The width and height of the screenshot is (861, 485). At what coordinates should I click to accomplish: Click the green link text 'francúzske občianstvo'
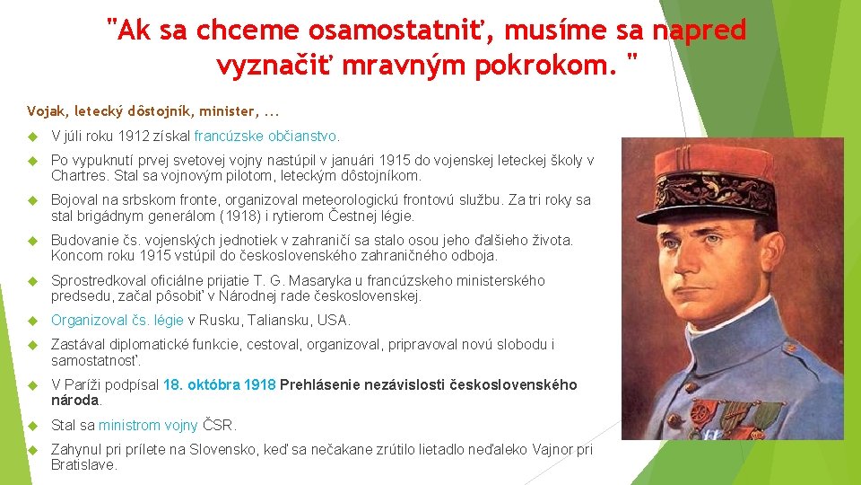pos(266,137)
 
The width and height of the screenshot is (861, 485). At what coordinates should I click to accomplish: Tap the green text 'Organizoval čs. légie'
pos(117,320)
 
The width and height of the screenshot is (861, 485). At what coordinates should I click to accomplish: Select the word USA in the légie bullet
pos(335,320)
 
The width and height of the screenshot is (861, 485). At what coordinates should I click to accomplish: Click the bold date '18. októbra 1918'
pos(219,384)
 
